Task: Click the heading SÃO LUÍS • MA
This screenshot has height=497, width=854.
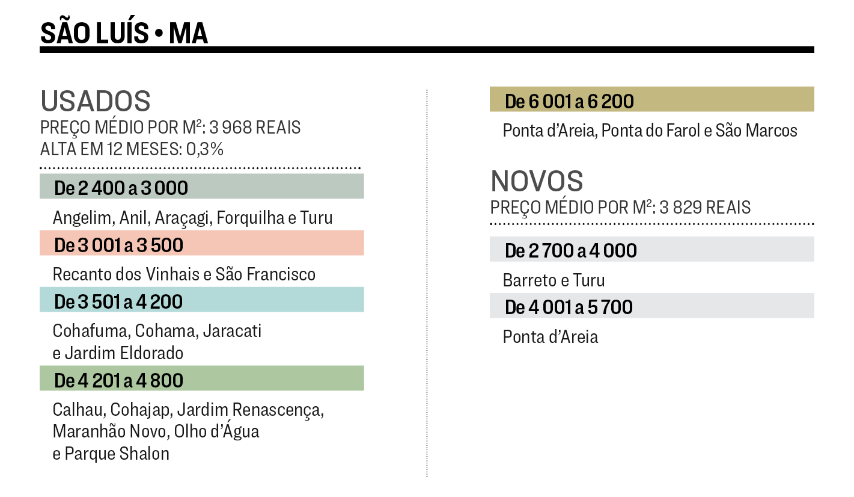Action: point(124,33)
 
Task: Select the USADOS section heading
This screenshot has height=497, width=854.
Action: point(96,101)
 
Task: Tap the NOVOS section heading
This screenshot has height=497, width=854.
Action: point(537,181)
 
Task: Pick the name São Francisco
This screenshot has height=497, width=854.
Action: point(266,274)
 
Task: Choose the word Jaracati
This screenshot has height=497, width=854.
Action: point(232,331)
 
